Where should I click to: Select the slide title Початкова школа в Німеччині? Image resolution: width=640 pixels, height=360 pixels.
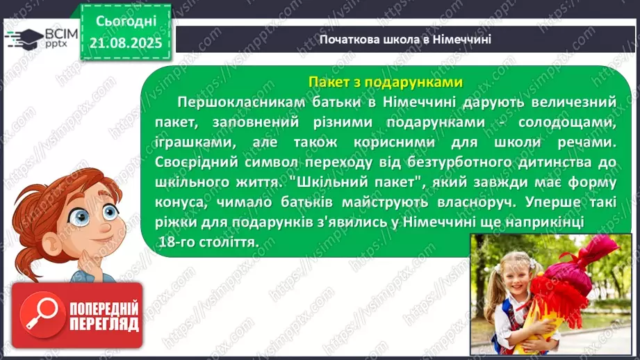point(405,39)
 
